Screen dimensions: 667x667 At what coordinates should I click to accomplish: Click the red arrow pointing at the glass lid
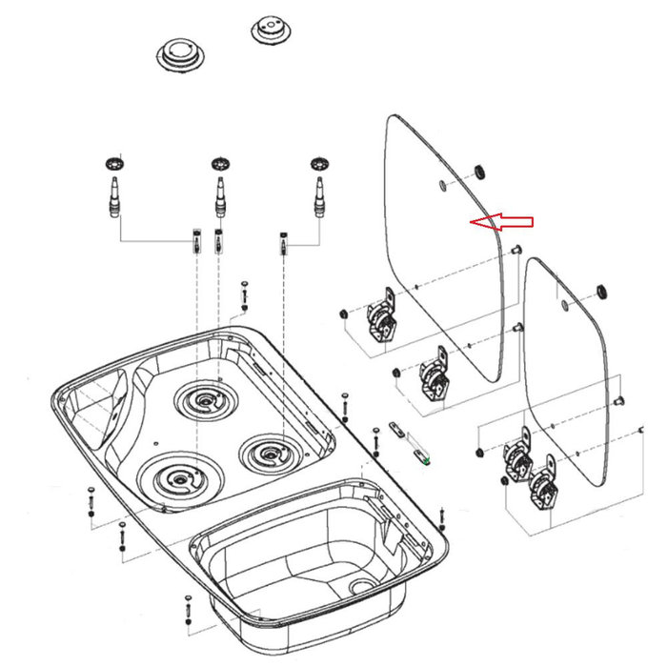503,222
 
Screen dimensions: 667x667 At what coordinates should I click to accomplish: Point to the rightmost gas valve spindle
319,195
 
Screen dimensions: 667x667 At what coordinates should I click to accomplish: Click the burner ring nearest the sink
269,451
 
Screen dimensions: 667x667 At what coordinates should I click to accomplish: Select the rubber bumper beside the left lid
479,172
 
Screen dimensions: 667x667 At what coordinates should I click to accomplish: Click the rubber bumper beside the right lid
601,290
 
